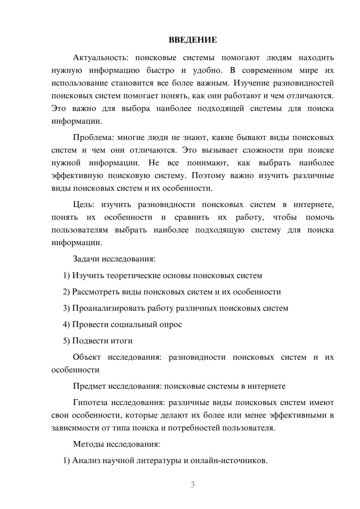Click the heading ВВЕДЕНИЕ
tap(193, 40)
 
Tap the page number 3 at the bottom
tap(193, 485)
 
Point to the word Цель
tap(84, 205)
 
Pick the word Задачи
tap(86, 259)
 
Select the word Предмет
tap(89, 386)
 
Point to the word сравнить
tap(192, 217)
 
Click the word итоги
tap(122, 341)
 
